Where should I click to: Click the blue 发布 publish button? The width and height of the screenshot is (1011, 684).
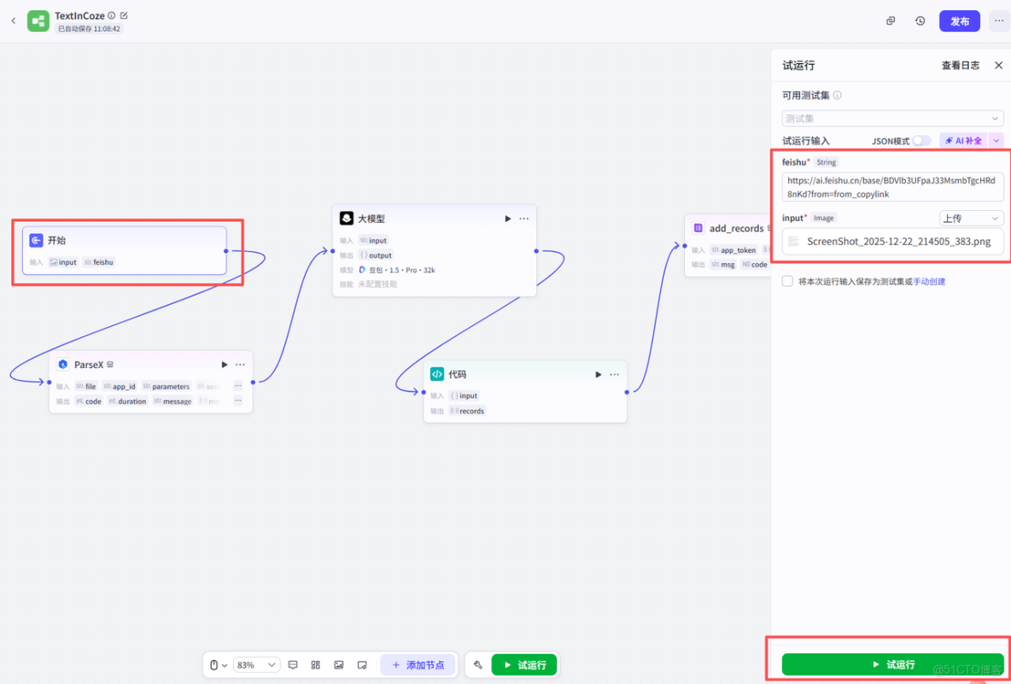(x=959, y=21)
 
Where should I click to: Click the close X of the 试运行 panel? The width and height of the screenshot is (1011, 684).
(x=998, y=65)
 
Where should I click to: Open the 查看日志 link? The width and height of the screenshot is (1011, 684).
(x=960, y=66)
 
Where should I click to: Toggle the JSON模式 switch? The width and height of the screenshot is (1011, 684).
(x=921, y=141)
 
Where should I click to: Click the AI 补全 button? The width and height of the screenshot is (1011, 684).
(x=963, y=141)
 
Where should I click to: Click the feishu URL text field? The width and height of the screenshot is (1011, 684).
(x=891, y=187)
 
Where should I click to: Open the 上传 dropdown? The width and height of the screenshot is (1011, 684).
(x=971, y=219)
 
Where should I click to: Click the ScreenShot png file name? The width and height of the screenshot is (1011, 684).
(x=898, y=242)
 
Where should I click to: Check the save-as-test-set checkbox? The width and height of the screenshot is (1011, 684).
(x=787, y=281)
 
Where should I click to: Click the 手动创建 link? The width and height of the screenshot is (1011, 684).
(x=929, y=282)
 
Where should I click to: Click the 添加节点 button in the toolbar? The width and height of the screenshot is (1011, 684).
(x=418, y=665)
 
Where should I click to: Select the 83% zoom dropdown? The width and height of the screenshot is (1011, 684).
(x=256, y=665)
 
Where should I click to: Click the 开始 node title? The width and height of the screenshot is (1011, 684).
(x=56, y=241)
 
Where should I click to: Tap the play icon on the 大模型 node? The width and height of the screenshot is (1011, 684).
(x=507, y=219)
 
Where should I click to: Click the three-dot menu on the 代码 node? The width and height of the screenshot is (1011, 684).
(x=614, y=374)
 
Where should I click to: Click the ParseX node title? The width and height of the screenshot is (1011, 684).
(x=88, y=365)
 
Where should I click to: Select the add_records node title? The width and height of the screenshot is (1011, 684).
(x=736, y=228)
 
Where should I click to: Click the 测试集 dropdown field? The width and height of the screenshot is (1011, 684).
(x=891, y=119)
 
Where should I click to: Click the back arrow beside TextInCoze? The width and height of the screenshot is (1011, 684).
(x=14, y=21)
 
